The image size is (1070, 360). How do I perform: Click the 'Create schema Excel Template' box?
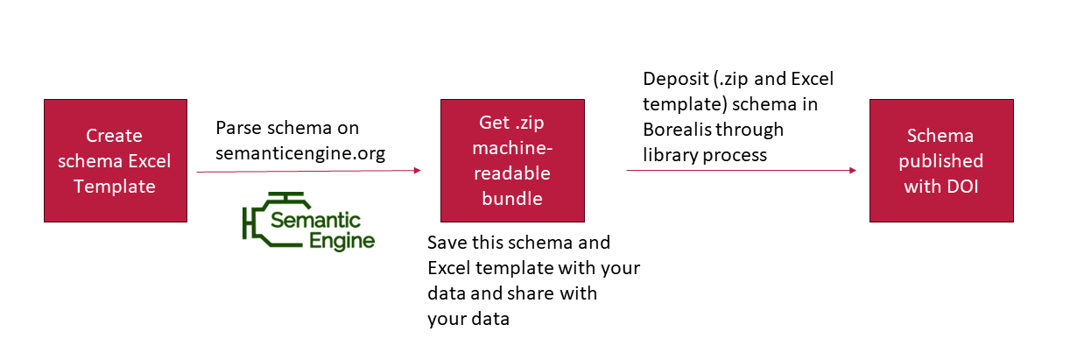click(116, 160)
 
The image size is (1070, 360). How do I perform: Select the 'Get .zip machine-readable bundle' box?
click(512, 160)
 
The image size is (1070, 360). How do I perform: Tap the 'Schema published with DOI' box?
click(941, 160)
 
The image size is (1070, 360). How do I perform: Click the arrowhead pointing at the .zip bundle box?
click(418, 170)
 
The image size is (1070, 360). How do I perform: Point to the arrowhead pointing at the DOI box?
click(853, 170)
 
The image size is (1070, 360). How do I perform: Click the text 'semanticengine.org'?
click(300, 153)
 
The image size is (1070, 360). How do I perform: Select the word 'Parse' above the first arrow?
click(238, 128)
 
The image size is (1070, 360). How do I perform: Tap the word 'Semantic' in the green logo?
click(315, 221)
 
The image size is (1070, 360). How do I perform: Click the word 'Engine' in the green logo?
click(341, 241)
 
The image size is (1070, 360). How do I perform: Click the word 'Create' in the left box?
click(114, 136)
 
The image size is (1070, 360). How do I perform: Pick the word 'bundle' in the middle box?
click(512, 199)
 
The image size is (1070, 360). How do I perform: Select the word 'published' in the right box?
click(941, 161)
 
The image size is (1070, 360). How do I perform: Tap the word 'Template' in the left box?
click(115, 187)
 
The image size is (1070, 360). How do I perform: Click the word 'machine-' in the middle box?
click(512, 148)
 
